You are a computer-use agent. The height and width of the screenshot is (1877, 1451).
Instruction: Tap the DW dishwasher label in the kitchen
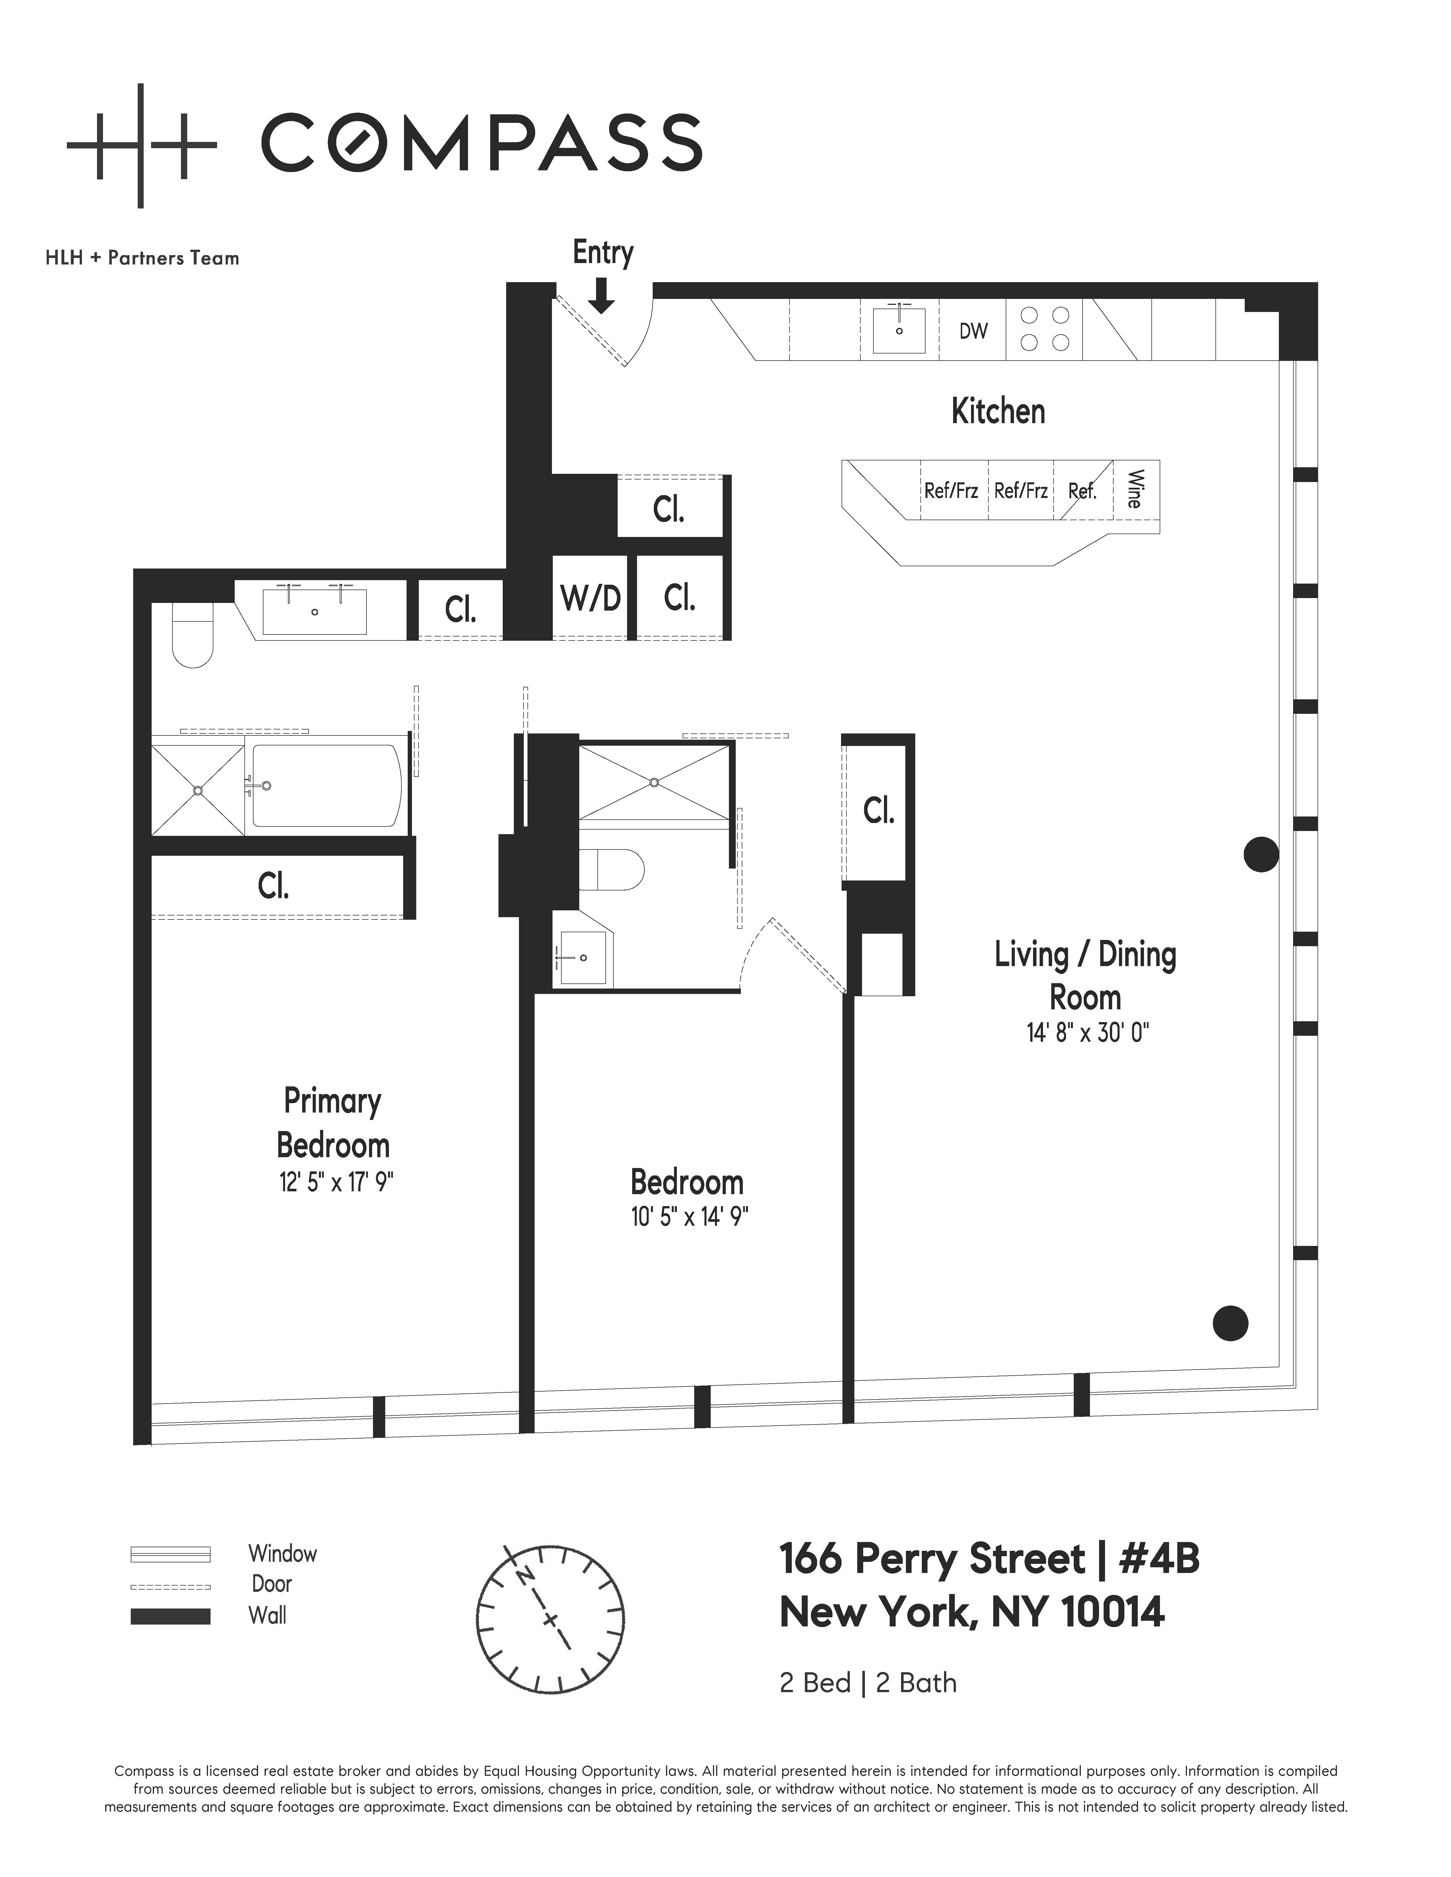click(x=973, y=331)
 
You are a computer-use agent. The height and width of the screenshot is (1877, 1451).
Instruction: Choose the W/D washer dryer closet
click(x=591, y=598)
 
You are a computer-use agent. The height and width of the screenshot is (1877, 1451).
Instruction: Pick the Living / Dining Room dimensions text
click(x=1087, y=1032)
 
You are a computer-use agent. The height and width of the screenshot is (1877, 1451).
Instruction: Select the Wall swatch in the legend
click(x=170, y=1616)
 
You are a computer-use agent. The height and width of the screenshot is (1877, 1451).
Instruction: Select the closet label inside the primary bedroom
click(x=273, y=886)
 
